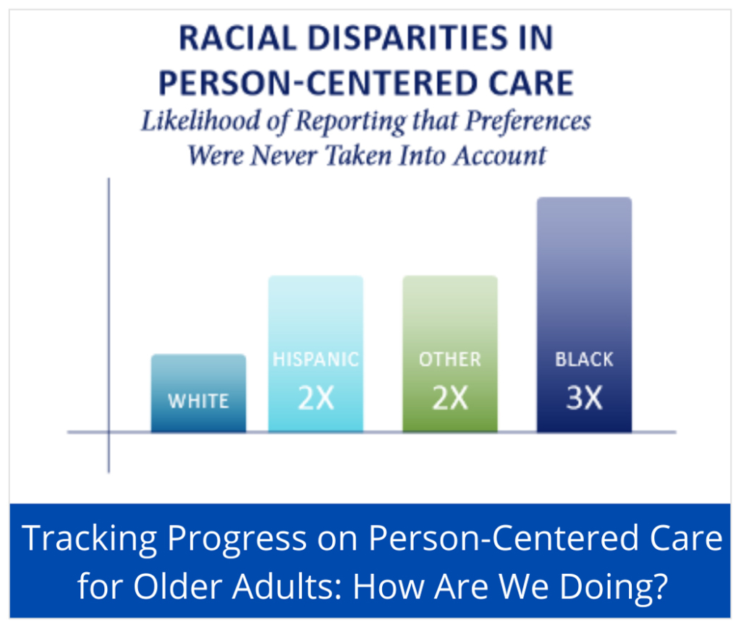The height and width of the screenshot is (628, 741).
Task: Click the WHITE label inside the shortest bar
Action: [x=198, y=402]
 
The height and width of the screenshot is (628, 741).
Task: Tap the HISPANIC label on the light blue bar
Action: [x=316, y=360]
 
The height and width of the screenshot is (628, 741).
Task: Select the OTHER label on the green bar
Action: [x=450, y=360]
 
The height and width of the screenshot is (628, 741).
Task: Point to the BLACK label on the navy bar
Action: [x=584, y=360]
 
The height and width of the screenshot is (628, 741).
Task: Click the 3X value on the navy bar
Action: [x=584, y=398]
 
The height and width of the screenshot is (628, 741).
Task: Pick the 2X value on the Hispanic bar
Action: [x=316, y=398]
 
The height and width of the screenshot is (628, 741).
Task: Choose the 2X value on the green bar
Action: [x=450, y=398]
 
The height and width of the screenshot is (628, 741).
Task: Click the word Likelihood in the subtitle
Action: [x=200, y=121]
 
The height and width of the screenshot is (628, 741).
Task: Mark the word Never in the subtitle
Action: [x=284, y=156]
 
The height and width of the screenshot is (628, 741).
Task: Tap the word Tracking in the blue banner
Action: [x=89, y=540]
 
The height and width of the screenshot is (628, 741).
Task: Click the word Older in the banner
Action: [x=177, y=586]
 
